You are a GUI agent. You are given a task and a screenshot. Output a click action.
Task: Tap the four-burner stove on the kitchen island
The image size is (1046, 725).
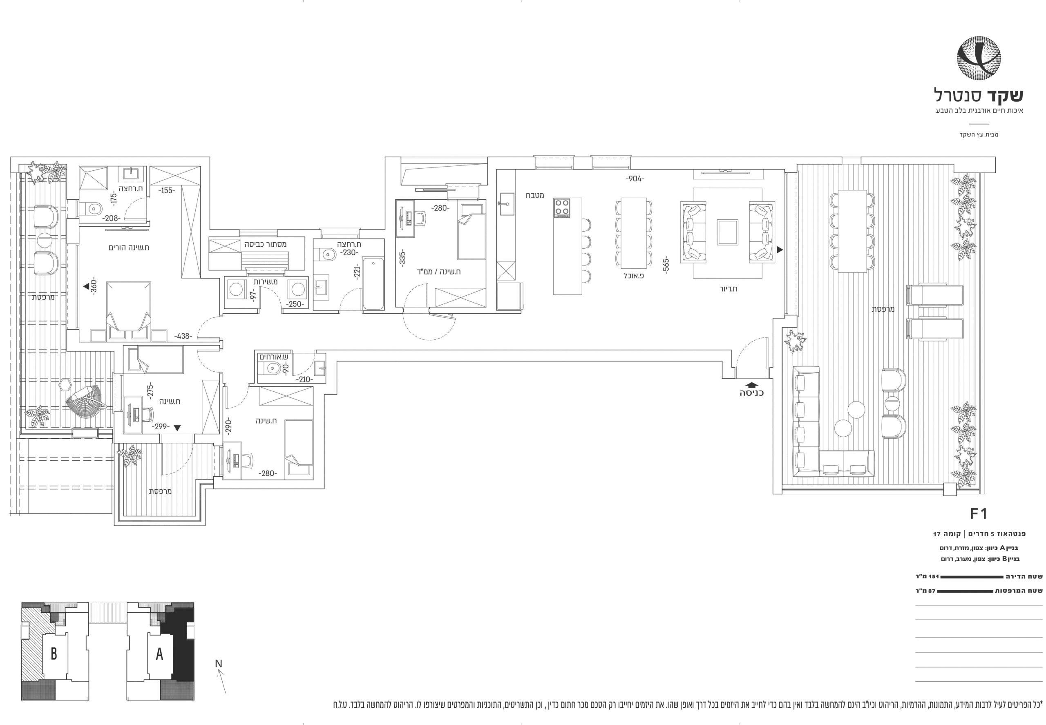pos(562,207)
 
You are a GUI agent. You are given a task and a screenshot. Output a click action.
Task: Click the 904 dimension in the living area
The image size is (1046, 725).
pos(635,179)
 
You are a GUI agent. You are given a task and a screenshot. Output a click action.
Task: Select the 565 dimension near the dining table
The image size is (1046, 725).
pos(666,265)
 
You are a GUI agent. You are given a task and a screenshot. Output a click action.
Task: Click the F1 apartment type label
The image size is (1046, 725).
pos(978,514)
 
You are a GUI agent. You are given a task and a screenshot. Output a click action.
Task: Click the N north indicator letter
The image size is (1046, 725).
pos(219,663)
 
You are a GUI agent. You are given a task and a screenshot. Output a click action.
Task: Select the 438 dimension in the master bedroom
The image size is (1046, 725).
pos(183,336)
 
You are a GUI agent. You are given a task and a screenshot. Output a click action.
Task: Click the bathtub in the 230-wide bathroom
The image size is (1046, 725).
pos(373,283)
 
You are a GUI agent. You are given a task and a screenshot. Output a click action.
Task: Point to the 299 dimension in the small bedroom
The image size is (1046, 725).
pos(161,427)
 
